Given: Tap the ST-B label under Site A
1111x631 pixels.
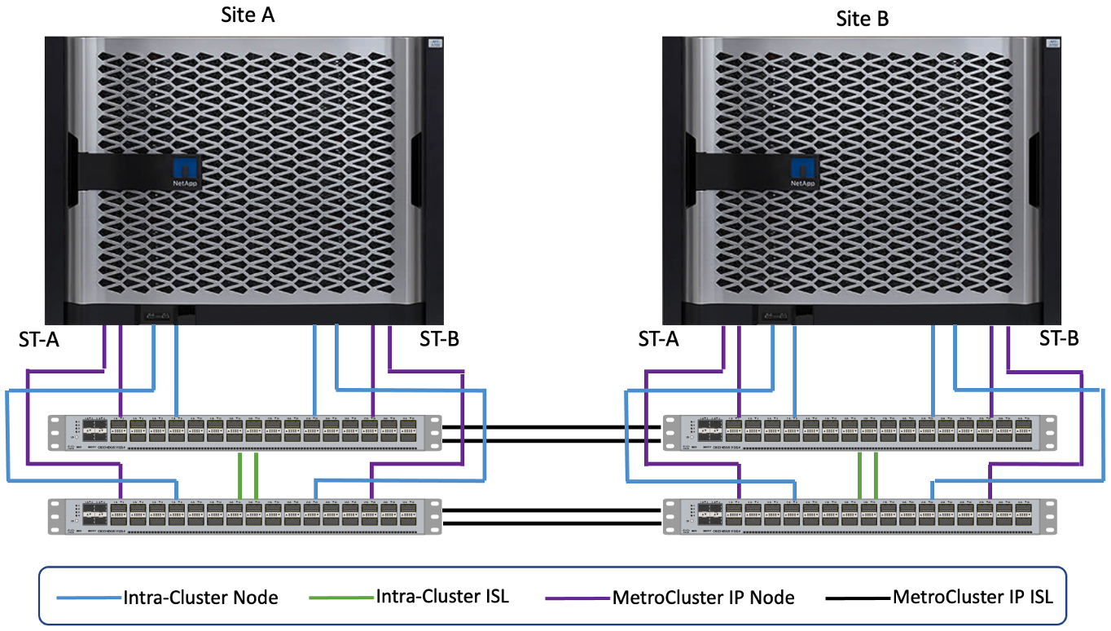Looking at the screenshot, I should (x=439, y=339).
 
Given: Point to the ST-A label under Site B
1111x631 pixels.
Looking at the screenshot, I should (x=658, y=339).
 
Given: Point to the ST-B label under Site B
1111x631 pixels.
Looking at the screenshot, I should (x=1059, y=339).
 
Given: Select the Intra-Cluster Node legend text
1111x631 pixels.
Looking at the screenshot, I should (x=200, y=598).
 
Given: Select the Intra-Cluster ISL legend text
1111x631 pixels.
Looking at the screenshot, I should (x=442, y=596).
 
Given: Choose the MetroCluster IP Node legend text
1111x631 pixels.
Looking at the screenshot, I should (x=703, y=598).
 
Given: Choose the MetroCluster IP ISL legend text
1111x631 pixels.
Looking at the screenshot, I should (x=973, y=596).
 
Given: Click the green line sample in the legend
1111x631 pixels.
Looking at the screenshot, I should (x=342, y=598).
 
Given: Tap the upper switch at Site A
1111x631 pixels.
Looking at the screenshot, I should (x=244, y=432).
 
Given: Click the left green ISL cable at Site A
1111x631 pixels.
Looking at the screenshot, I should (x=239, y=474).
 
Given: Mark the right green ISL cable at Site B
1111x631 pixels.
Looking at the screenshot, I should (x=876, y=474).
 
